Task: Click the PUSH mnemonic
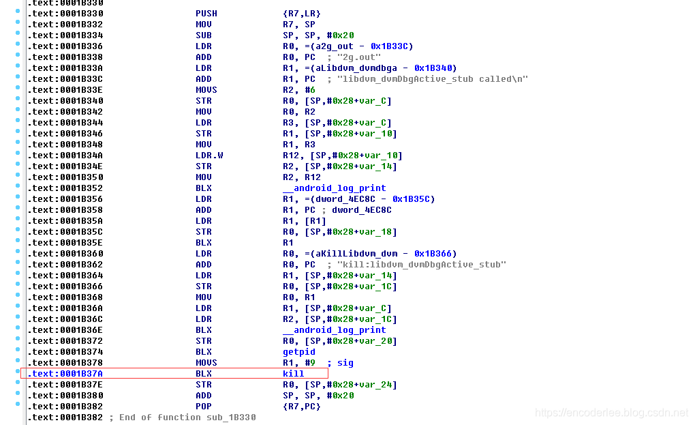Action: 206,14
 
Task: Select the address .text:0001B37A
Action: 65,374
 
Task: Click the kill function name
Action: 293,374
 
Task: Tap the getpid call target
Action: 298,352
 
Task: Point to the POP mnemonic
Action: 204,407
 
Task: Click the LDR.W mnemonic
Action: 209,156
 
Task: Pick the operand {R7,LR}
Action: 301,14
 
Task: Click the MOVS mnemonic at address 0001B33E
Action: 206,90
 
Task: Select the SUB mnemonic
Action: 204,35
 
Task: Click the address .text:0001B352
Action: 65,188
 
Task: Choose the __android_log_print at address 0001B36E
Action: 334,330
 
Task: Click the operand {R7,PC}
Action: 301,407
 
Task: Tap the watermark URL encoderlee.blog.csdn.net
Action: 611,413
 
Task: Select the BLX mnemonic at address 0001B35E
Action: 204,243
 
